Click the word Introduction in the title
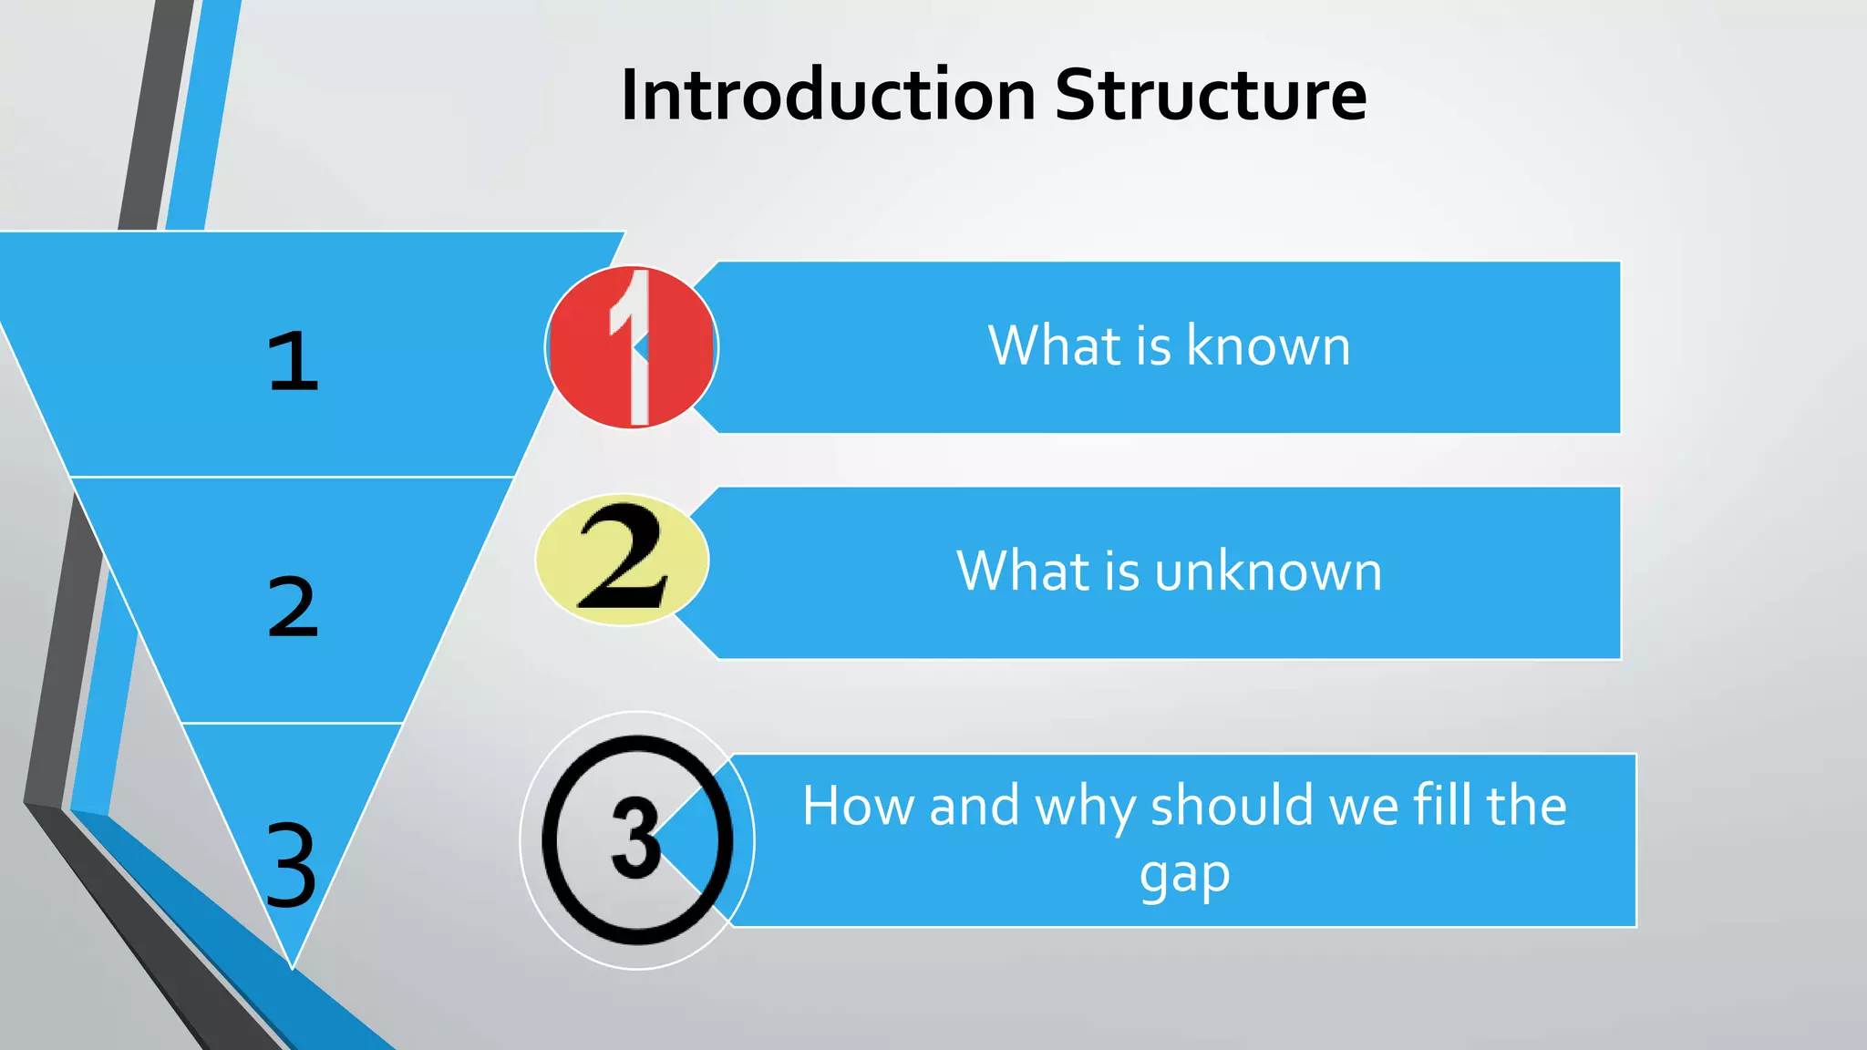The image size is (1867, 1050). [828, 95]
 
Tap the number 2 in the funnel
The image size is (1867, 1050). [293, 607]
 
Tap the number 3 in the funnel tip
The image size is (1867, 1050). [291, 864]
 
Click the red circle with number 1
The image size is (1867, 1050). [632, 347]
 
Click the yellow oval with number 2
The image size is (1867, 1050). [623, 559]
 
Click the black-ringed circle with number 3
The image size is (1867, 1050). [636, 839]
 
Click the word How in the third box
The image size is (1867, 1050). [859, 806]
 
